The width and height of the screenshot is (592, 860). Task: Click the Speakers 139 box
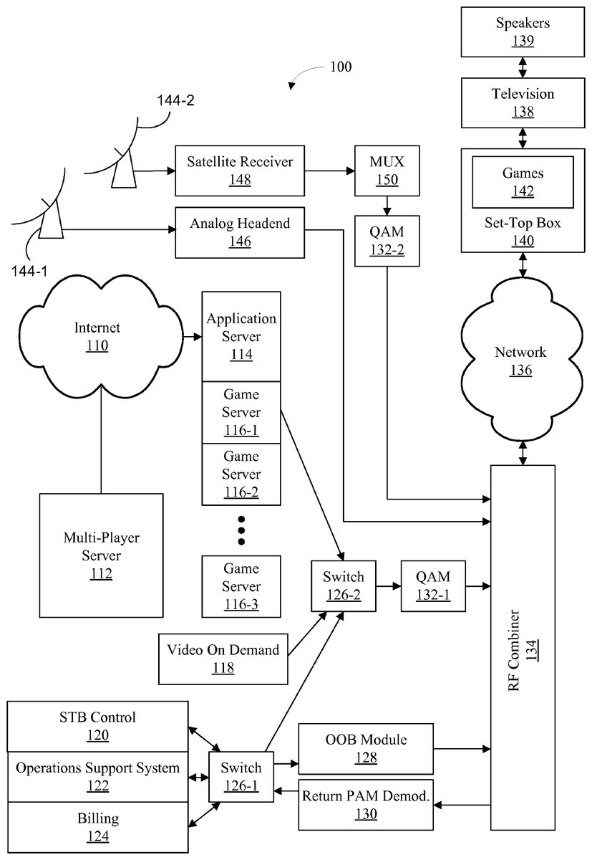tap(523, 32)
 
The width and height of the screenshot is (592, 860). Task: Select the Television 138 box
tap(523, 102)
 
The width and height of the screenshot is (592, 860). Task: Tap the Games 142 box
tap(523, 182)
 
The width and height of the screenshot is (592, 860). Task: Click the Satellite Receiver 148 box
tap(240, 171)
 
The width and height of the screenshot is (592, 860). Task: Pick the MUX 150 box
tap(387, 171)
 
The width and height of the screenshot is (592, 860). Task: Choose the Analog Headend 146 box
tap(240, 232)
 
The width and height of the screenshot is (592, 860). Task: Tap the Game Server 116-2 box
tap(241, 474)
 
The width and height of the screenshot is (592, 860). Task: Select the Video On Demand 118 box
tap(223, 659)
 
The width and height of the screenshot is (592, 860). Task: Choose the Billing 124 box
tap(98, 827)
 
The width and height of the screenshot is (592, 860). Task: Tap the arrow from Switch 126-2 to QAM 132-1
tap(388, 585)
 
